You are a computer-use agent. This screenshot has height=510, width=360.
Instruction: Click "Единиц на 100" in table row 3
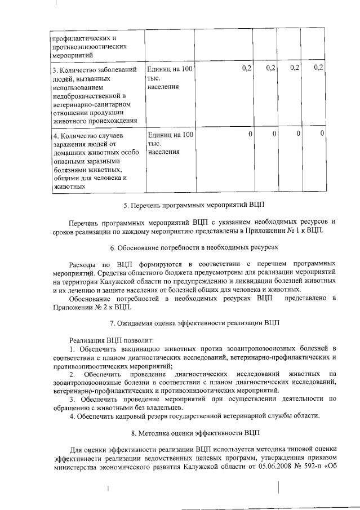coord(170,69)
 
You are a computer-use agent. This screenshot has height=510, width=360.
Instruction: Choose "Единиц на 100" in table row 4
coord(170,135)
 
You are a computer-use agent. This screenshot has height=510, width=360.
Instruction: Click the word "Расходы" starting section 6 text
coord(82,264)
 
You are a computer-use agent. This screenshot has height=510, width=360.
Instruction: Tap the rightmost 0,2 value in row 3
coord(318,68)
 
